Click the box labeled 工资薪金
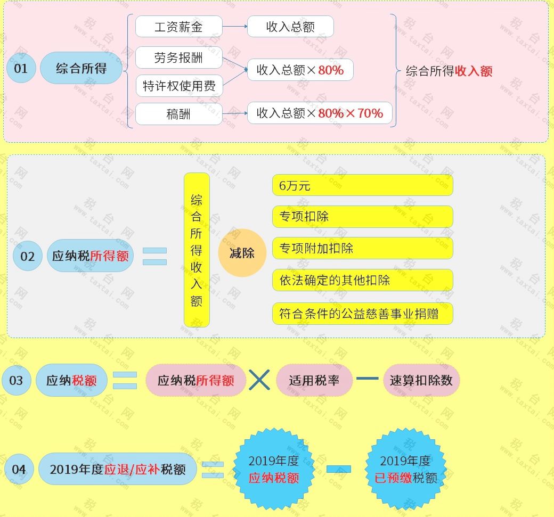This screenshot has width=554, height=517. (x=178, y=27)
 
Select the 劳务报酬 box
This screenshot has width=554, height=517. (x=178, y=58)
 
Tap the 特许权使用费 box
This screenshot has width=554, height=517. (x=178, y=86)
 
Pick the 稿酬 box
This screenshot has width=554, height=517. (x=178, y=114)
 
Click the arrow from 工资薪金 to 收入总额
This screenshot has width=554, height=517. (x=234, y=26)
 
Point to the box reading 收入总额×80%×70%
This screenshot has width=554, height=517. (x=320, y=113)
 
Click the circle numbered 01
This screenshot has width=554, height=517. (x=21, y=68)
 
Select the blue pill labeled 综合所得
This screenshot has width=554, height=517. (x=81, y=68)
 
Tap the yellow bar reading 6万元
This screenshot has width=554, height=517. (x=362, y=185)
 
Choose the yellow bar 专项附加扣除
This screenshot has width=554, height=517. (x=362, y=248)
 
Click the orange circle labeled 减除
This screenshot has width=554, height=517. (x=242, y=253)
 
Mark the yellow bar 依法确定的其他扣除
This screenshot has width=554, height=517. (x=362, y=280)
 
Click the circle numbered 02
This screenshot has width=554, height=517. (x=27, y=256)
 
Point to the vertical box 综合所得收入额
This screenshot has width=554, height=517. (x=197, y=250)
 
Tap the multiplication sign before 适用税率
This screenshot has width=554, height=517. (x=260, y=380)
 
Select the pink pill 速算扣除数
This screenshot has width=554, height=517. (x=421, y=380)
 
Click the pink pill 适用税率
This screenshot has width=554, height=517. (x=314, y=380)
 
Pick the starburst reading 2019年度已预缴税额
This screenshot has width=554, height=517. (x=405, y=469)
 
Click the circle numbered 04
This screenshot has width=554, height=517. (x=19, y=469)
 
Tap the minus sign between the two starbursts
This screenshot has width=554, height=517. (x=338, y=469)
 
